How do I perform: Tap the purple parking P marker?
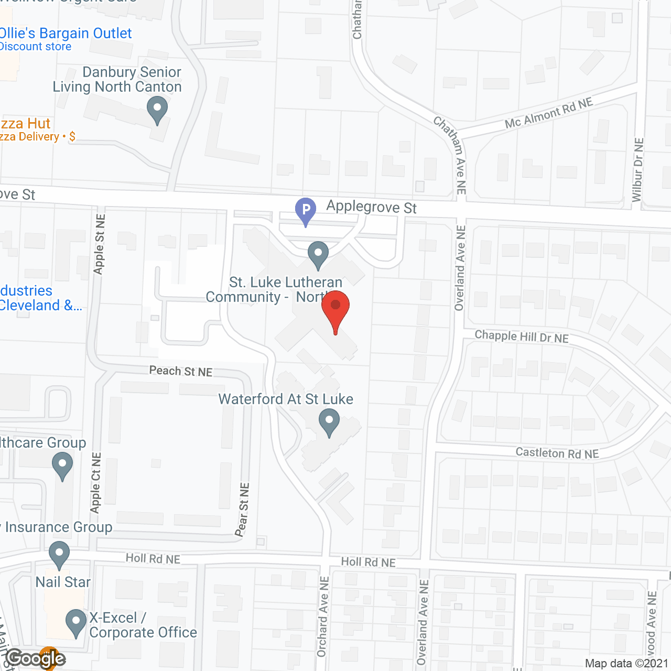click(306, 210)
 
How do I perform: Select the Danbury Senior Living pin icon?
click(157, 111)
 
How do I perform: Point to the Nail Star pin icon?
click(59, 554)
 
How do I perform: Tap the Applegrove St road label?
click(371, 207)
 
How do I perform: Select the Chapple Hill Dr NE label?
click(522, 337)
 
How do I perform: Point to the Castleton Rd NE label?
click(557, 453)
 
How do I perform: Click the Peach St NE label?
click(181, 371)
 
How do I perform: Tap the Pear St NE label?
click(242, 510)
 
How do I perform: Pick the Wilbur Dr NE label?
click(637, 170)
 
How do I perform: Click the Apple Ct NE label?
click(95, 483)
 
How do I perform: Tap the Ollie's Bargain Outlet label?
click(65, 34)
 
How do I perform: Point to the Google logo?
click(36, 658)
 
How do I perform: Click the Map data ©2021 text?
click(626, 664)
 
